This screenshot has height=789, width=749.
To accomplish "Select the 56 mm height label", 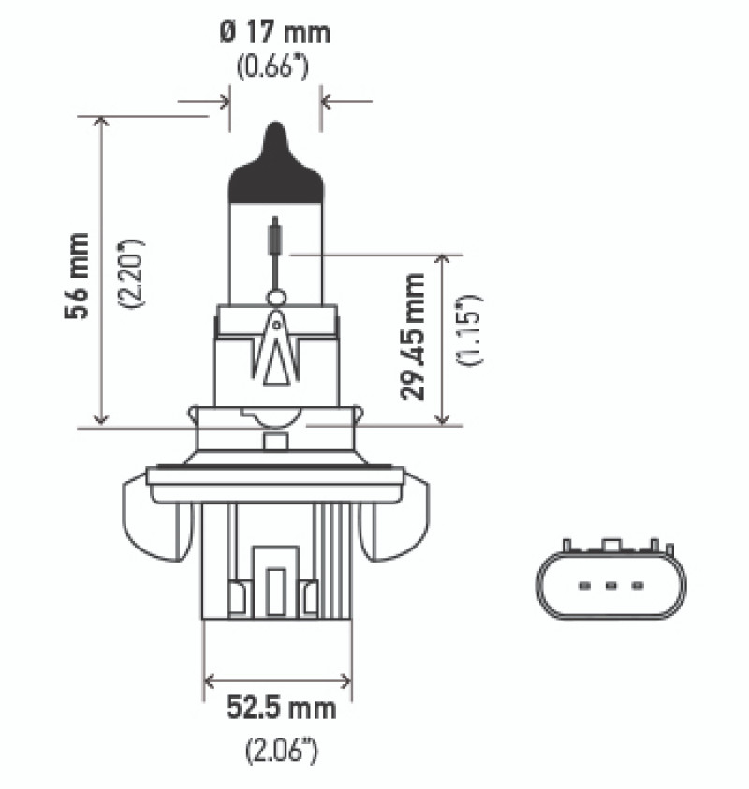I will click(x=78, y=276).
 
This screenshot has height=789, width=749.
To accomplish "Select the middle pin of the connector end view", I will click(x=610, y=586).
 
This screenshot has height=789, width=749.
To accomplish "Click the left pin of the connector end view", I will click(x=584, y=586).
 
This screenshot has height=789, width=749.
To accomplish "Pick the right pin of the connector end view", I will click(x=638, y=586).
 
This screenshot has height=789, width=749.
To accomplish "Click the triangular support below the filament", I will click(x=275, y=351).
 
